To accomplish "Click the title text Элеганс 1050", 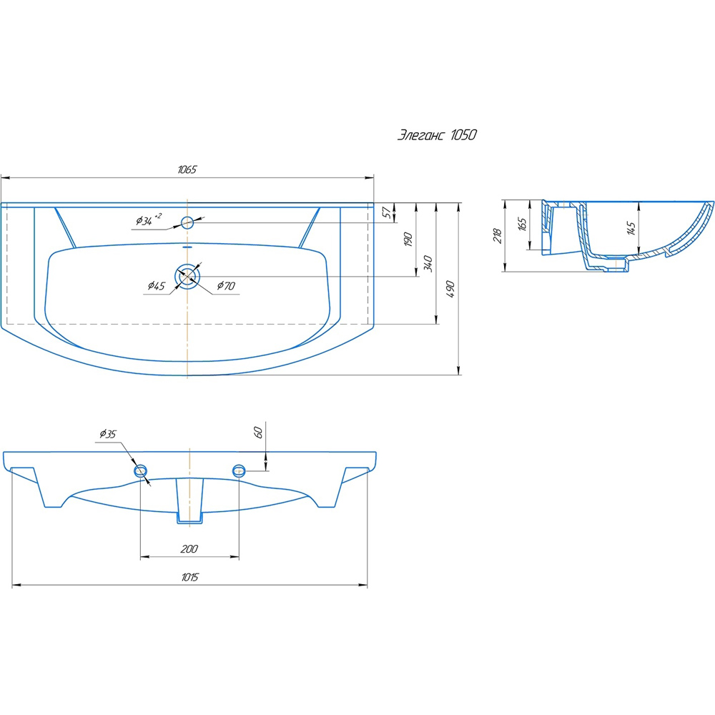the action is point(437,135).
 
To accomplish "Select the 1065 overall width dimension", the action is point(187,169).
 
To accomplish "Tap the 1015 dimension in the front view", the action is point(189,577).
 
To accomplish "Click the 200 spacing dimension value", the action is point(189,549).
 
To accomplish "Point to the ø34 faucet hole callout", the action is point(149,220).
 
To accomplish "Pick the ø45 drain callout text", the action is point(157,286).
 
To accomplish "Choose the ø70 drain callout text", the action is point(226,286).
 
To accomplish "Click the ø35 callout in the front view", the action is point(108,434).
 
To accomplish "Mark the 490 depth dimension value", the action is point(450,289).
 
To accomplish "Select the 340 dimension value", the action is point(428,264).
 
